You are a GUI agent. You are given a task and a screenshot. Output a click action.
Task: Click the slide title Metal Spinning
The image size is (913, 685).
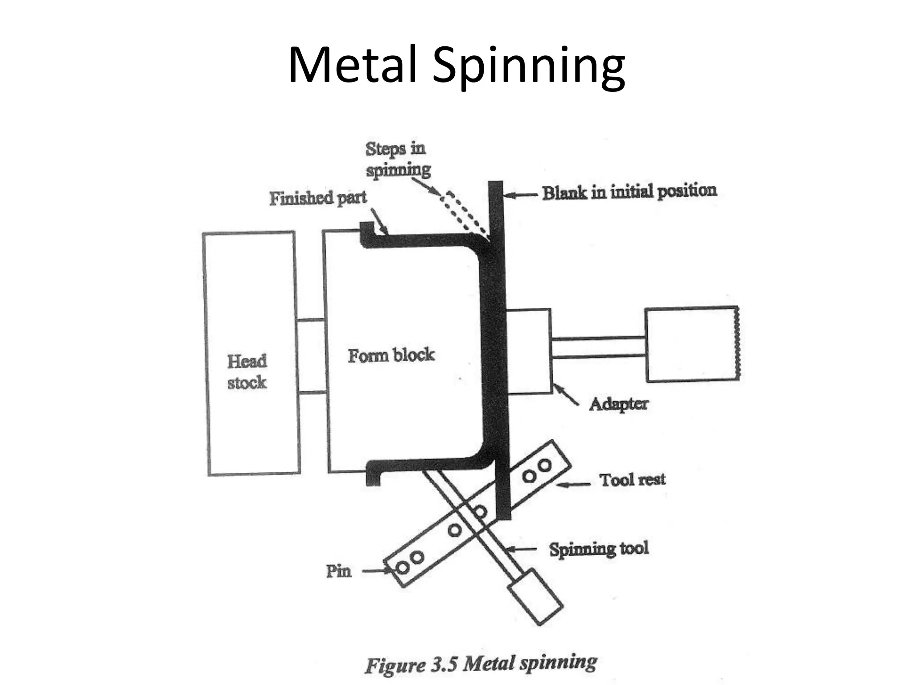[x=456, y=65]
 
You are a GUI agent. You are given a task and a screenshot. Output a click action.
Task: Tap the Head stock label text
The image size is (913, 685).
[x=247, y=371]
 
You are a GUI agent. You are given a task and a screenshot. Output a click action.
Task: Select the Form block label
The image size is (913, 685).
[x=391, y=355]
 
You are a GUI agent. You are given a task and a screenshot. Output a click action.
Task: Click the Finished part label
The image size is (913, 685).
[x=318, y=198]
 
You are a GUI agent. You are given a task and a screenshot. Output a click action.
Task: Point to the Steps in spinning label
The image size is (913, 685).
[x=397, y=159]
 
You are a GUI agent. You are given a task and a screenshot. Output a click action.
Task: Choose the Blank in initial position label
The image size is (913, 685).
[x=629, y=192]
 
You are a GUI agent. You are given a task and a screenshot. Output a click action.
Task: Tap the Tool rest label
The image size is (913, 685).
[x=632, y=480]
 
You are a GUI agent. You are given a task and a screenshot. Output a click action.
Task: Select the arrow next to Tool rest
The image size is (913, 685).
[x=574, y=484]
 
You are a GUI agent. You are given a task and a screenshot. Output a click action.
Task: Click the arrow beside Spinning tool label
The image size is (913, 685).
[x=522, y=549]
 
